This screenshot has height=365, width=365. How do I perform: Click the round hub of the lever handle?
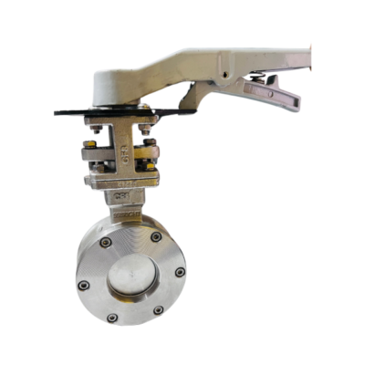click(x=118, y=84)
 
